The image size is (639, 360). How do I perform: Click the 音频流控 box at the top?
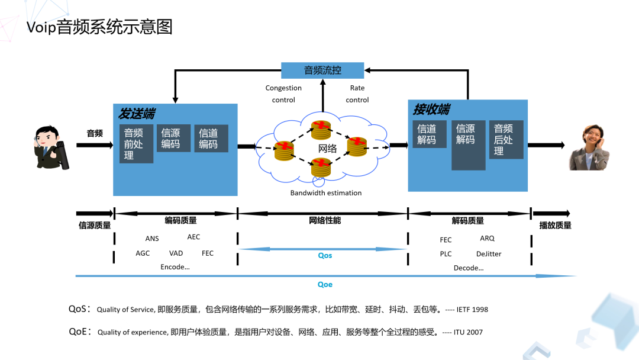tap(322, 70)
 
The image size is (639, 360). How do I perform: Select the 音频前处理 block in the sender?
tap(135, 143)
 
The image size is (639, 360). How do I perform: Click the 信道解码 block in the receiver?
tap(428, 134)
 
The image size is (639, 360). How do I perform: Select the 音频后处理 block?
tap(505, 140)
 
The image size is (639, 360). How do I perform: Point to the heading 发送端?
tap(137, 113)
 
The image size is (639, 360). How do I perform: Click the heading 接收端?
tap(431, 110)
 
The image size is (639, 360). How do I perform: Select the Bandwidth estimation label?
tap(326, 193)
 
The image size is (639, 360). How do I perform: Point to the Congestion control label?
tap(283, 94)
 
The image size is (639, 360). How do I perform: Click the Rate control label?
tap(357, 94)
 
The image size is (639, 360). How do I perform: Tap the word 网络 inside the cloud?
tap(327, 149)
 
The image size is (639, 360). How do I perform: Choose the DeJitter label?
tap(489, 254)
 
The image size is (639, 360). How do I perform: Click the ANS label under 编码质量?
tap(152, 239)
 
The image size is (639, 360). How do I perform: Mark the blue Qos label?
tap(325, 256)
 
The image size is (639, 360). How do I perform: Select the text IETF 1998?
tap(471, 310)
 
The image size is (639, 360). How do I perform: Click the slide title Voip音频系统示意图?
tap(99, 28)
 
